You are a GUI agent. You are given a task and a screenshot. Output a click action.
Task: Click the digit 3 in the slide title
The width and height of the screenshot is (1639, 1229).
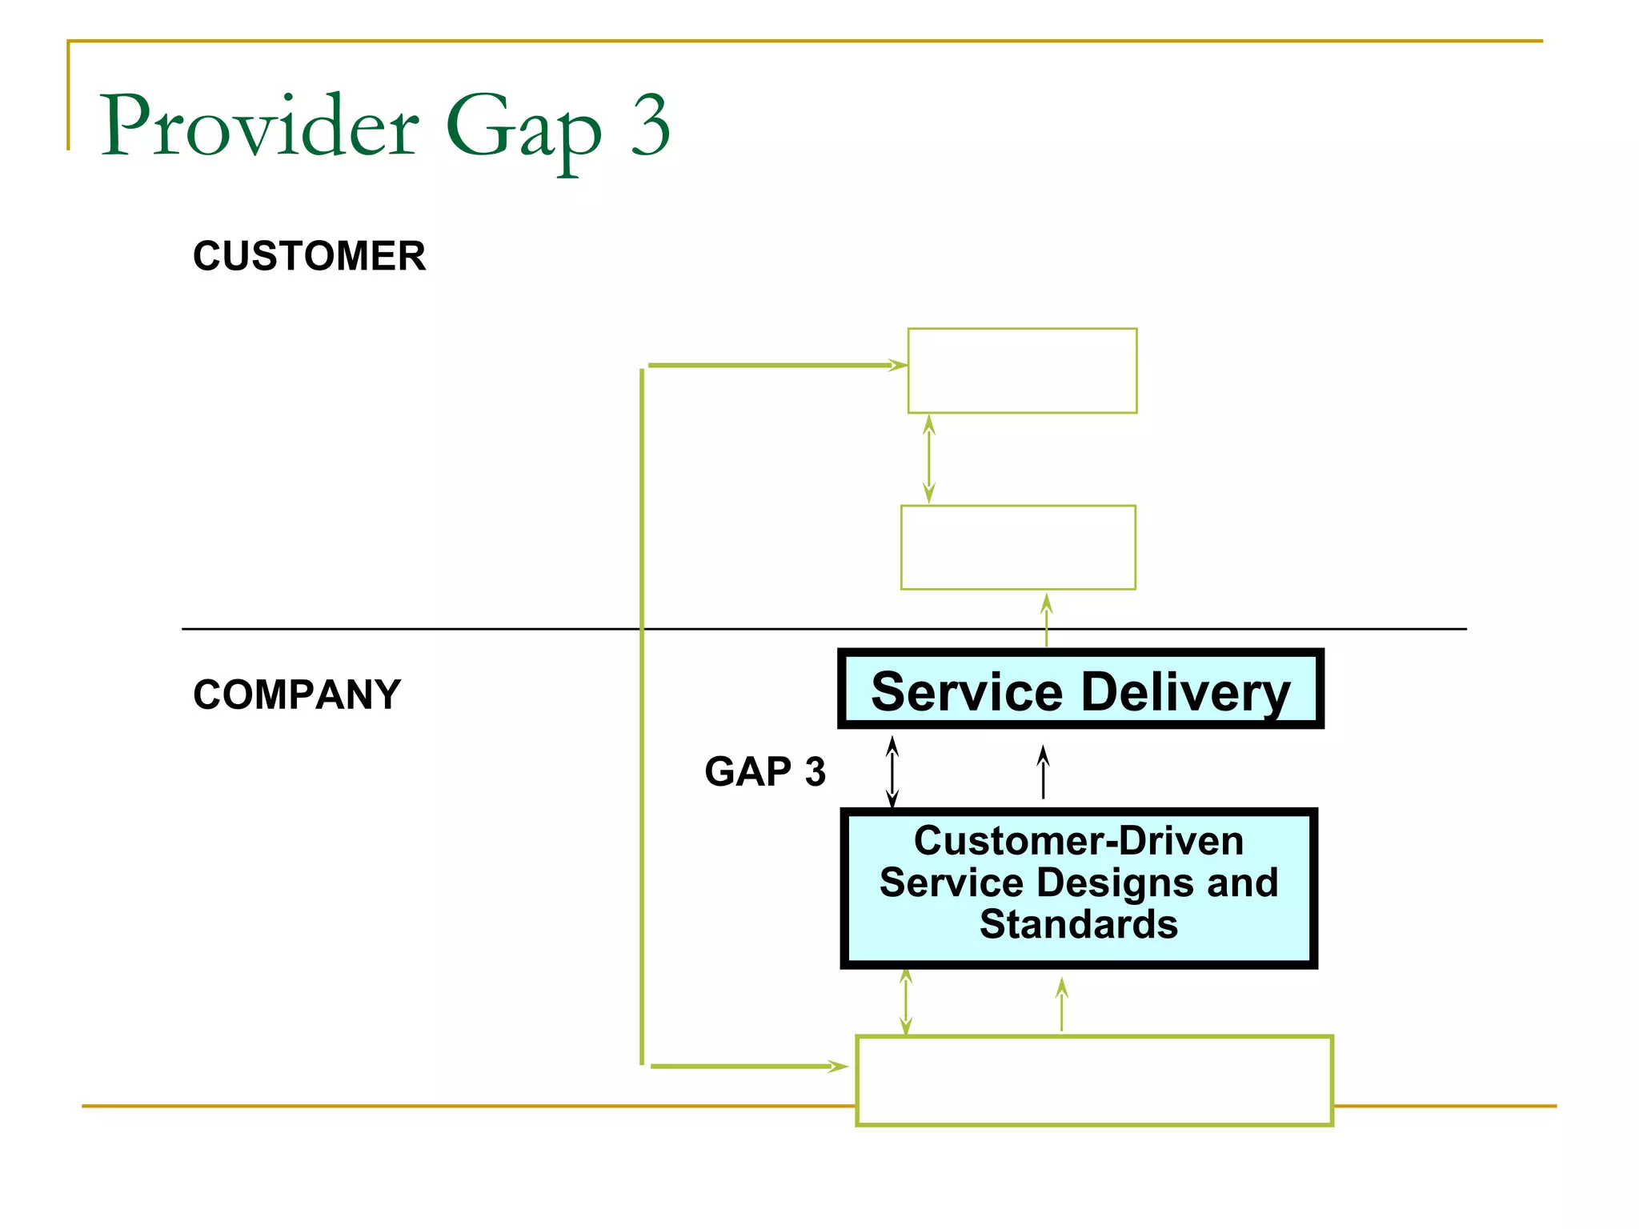[650, 126]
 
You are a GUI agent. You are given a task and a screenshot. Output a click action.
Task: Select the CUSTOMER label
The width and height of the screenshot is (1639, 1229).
[309, 256]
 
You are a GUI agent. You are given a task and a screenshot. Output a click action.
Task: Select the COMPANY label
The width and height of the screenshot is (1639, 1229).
[297, 694]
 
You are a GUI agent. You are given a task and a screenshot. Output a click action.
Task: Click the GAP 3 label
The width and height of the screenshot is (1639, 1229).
[764, 771]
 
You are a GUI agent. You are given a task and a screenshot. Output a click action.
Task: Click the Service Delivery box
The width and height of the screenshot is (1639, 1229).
[1080, 689]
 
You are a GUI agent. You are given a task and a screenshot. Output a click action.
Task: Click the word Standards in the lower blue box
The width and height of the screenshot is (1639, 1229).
[1078, 924]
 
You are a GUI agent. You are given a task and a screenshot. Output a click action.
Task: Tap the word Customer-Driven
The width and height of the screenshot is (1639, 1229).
[1078, 841]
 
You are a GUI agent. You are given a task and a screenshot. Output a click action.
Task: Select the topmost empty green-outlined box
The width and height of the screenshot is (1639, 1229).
[1022, 370]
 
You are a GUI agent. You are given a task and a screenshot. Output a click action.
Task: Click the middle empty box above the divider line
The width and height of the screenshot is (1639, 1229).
[1018, 547]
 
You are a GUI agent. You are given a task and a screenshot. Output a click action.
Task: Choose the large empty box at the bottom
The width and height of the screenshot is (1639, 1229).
[1093, 1080]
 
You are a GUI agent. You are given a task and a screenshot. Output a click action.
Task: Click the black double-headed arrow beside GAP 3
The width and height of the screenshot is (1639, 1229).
[892, 772]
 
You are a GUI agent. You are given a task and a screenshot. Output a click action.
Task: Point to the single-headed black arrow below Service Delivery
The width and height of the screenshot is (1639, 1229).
[1043, 772]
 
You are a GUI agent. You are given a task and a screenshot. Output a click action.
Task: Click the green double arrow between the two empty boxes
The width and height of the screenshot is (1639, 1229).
[928, 458]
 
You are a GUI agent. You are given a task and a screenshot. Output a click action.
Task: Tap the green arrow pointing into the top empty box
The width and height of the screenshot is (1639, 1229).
[776, 366]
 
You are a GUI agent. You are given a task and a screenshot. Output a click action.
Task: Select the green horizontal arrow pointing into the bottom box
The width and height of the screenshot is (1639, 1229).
[748, 1066]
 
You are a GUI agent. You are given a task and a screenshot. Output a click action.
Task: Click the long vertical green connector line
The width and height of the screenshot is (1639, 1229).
[642, 720]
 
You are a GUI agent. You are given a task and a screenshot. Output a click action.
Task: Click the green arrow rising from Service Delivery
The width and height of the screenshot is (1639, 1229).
[1046, 620]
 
